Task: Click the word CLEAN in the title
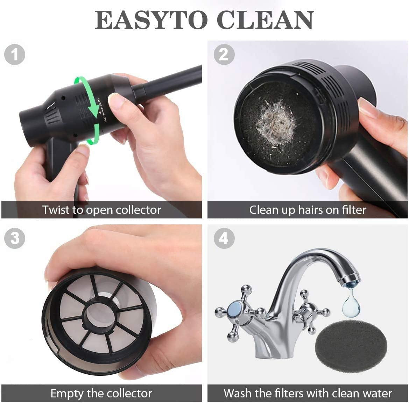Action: (x=265, y=20)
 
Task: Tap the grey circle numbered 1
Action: (x=15, y=55)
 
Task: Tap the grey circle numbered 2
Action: (x=224, y=55)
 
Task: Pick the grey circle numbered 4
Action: (x=224, y=238)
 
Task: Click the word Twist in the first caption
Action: (x=56, y=210)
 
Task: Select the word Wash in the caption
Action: (x=238, y=393)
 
